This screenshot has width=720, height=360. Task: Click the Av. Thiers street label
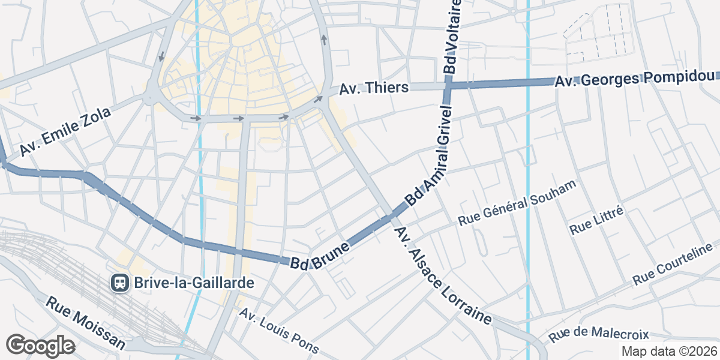pos(374,88)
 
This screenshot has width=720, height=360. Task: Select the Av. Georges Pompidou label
pos(636,78)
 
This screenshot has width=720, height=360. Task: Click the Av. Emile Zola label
pos(65,131)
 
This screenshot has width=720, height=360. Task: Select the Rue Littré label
pos(597,220)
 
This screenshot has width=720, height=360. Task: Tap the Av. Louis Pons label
pos(279,332)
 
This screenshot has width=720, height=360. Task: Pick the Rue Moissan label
pos(86,324)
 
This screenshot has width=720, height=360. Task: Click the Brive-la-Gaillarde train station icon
pos(119,283)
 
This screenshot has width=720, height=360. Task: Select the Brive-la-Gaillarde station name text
pos(186,283)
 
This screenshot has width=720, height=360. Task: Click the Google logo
pos(40,346)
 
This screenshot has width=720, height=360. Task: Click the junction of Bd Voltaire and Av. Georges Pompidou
pos(448,85)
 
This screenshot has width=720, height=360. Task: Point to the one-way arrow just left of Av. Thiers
pos(318,98)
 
